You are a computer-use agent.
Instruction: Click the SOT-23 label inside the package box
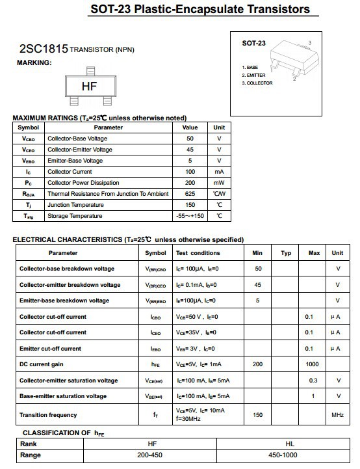(x=253, y=44)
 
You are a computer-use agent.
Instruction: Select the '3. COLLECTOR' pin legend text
(x=257, y=83)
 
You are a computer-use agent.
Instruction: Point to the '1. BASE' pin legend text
(x=250, y=68)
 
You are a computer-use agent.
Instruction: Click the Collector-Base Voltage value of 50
(x=190, y=139)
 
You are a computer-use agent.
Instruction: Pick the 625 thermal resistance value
(x=190, y=194)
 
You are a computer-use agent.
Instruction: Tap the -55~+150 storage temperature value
(x=190, y=216)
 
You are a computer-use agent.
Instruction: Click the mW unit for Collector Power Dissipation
(x=219, y=183)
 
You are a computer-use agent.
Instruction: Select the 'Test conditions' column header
(x=198, y=253)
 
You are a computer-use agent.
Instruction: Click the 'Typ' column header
(x=286, y=253)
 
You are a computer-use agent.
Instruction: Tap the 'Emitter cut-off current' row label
(x=50, y=349)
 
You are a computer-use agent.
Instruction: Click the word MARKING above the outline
(x=33, y=62)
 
